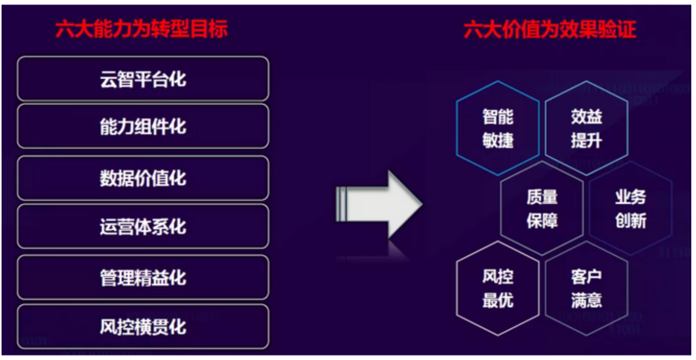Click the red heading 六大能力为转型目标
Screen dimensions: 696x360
click(x=142, y=29)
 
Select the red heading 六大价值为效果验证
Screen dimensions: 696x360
click(x=550, y=30)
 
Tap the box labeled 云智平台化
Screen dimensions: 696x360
click(x=143, y=79)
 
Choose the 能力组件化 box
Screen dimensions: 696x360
click(x=143, y=126)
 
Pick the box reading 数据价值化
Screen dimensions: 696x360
click(x=143, y=178)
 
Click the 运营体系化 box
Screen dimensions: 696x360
click(x=143, y=226)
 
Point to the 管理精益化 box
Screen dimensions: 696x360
click(x=143, y=278)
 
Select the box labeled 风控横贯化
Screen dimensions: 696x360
click(x=143, y=327)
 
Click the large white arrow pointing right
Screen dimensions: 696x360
click(x=379, y=205)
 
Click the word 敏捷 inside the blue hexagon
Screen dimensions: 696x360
click(x=498, y=140)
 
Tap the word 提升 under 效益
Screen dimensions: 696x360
click(x=586, y=140)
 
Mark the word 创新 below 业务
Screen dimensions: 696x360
click(x=631, y=221)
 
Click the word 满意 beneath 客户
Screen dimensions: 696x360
click(x=586, y=300)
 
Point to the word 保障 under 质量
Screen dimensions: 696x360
click(x=542, y=221)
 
